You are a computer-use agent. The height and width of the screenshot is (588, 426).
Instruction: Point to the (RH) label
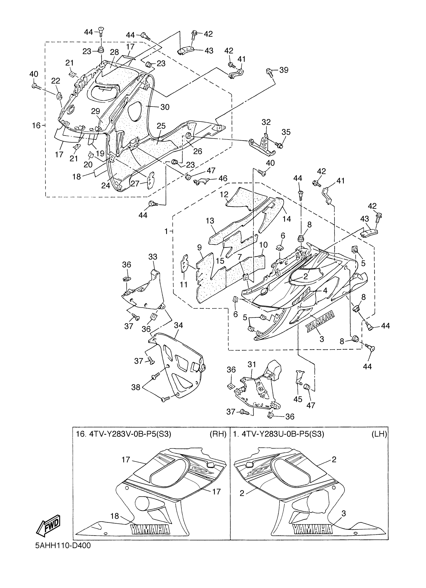click(218, 434)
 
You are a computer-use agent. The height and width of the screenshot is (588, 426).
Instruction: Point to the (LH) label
click(379, 434)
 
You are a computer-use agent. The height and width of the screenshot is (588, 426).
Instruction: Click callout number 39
click(284, 70)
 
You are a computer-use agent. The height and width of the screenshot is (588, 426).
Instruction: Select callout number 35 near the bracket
click(286, 132)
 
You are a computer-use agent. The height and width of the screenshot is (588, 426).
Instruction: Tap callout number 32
click(266, 122)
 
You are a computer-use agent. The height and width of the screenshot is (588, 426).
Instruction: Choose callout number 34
click(178, 325)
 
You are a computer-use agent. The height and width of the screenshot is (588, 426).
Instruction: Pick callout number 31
click(252, 364)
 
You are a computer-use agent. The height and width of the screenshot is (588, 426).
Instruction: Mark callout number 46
click(223, 178)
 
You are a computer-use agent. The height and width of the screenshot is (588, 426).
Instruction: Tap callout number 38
click(136, 387)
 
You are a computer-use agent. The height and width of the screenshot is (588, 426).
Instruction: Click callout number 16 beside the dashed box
click(36, 126)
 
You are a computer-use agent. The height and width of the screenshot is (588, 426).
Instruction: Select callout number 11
click(184, 284)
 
